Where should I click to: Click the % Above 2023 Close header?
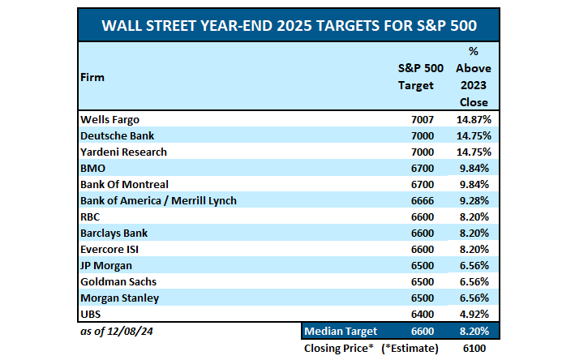coord(473,77)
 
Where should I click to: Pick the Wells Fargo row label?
coord(109,119)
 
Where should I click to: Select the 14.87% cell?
coord(473,119)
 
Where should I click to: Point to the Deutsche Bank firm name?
coord(117,135)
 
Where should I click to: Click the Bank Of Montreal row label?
coord(124,184)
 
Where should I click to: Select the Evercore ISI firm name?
coord(114,249)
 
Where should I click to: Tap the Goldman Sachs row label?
coord(118,281)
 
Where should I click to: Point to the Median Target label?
coord(341,332)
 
